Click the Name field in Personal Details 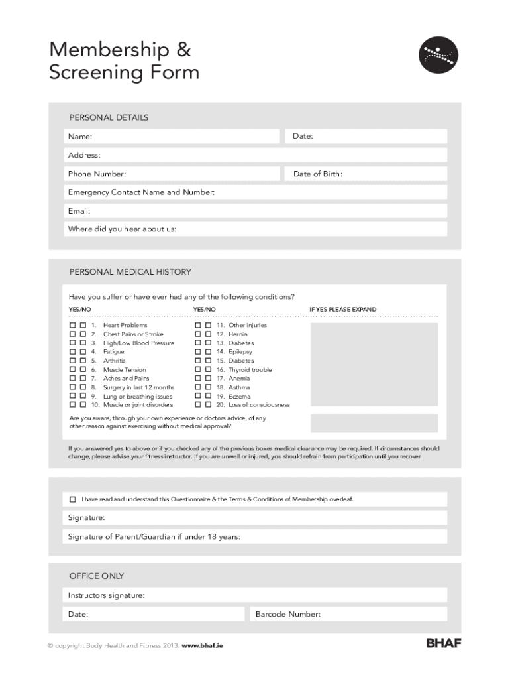click(172, 137)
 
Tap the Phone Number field click(172, 174)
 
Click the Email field click(256, 211)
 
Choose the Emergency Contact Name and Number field click(256, 192)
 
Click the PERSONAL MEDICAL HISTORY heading click(130, 272)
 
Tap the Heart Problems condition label click(125, 326)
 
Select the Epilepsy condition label click(240, 352)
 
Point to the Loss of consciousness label click(259, 404)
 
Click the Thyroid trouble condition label click(250, 369)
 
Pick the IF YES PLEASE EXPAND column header click(342, 310)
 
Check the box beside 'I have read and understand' click(73, 499)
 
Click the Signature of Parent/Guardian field click(256, 536)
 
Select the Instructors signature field click(256, 595)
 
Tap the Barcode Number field click(346, 614)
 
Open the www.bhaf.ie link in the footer click(202, 645)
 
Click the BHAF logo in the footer click(443, 643)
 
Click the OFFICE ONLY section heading click(97, 576)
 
